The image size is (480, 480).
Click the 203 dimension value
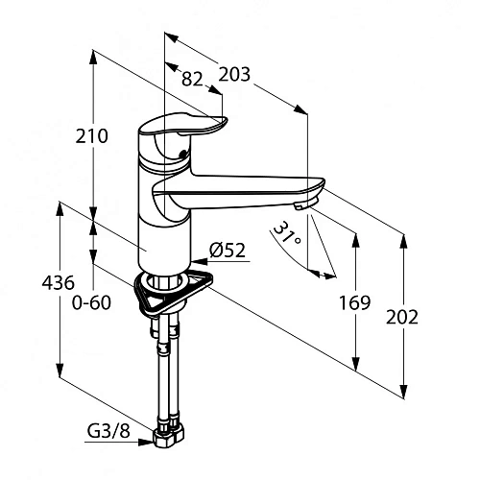pos(234,74)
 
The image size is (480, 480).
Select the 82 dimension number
pos(192,79)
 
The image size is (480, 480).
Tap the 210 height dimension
pos(91,136)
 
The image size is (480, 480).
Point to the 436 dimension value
pos(58,283)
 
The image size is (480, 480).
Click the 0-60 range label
pos(91,302)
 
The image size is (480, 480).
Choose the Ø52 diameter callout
pos(228,251)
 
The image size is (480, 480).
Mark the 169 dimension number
pos(354,302)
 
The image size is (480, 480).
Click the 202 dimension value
pos(402,318)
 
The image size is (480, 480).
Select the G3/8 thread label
pos(108,431)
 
